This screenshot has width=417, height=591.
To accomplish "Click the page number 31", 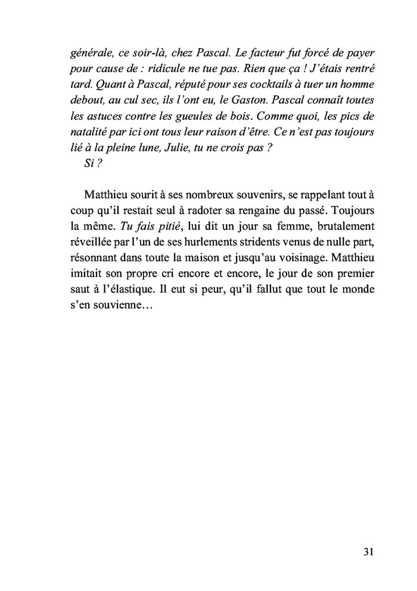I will pos(368,552).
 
